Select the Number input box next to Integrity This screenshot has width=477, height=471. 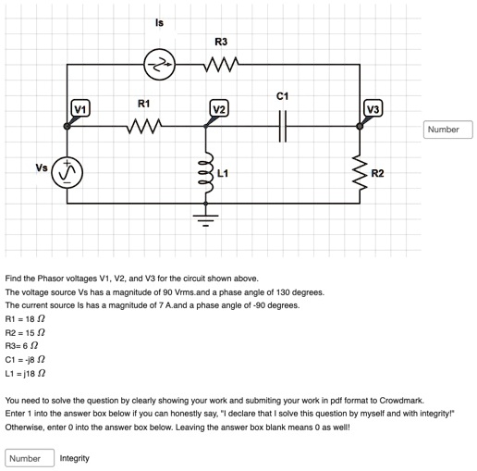pyautogui.click(x=29, y=457)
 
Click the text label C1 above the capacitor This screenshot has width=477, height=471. pyautogui.click(x=283, y=95)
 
